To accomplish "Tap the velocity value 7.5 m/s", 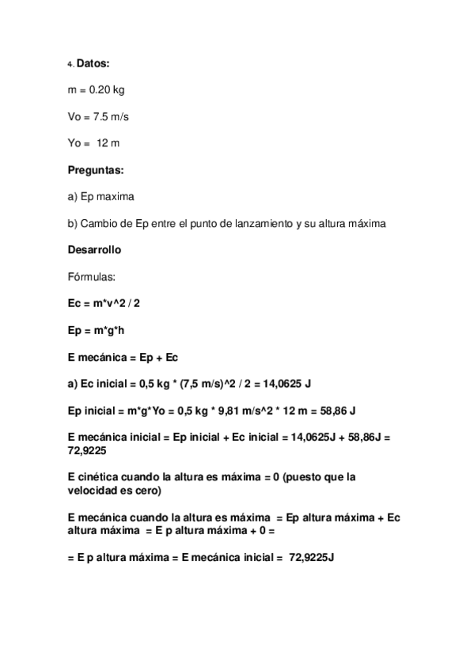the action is coord(111,116).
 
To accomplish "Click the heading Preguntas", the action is coord(97,170).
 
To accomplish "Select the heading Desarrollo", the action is coord(95,250).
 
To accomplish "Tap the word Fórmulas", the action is coord(92,277).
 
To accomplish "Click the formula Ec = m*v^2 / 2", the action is coord(108,304).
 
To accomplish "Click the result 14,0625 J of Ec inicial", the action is coord(286,385).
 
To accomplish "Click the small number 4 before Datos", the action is coord(70,64).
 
